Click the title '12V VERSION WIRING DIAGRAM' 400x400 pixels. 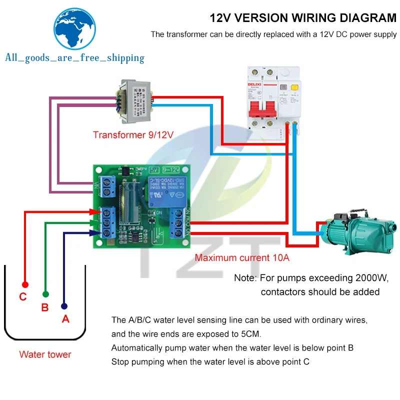click(x=303, y=18)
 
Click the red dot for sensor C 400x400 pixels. click(x=25, y=284)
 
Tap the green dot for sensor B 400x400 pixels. click(x=45, y=295)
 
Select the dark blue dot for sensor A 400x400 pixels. click(x=64, y=305)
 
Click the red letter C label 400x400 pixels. click(x=22, y=297)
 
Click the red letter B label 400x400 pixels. click(x=44, y=308)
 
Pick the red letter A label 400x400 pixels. click(x=65, y=319)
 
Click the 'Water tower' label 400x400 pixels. click(x=45, y=354)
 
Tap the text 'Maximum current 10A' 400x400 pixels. click(x=242, y=258)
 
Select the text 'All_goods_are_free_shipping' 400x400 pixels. click(x=74, y=58)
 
